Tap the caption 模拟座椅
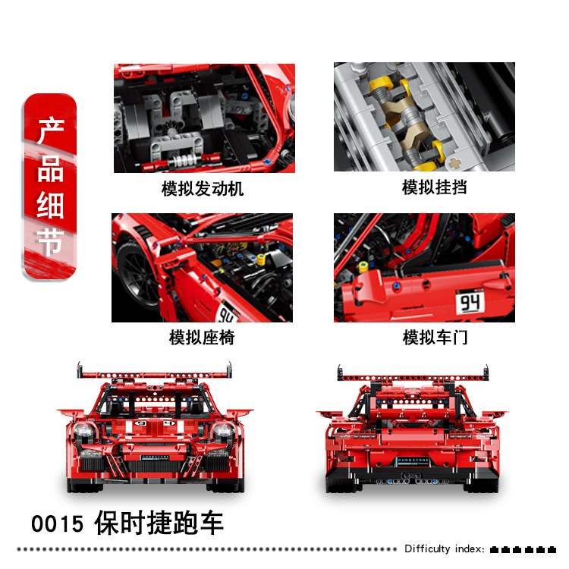(202, 338)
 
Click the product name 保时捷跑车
(159, 523)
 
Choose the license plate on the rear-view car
(410, 460)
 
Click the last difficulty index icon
(562, 549)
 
